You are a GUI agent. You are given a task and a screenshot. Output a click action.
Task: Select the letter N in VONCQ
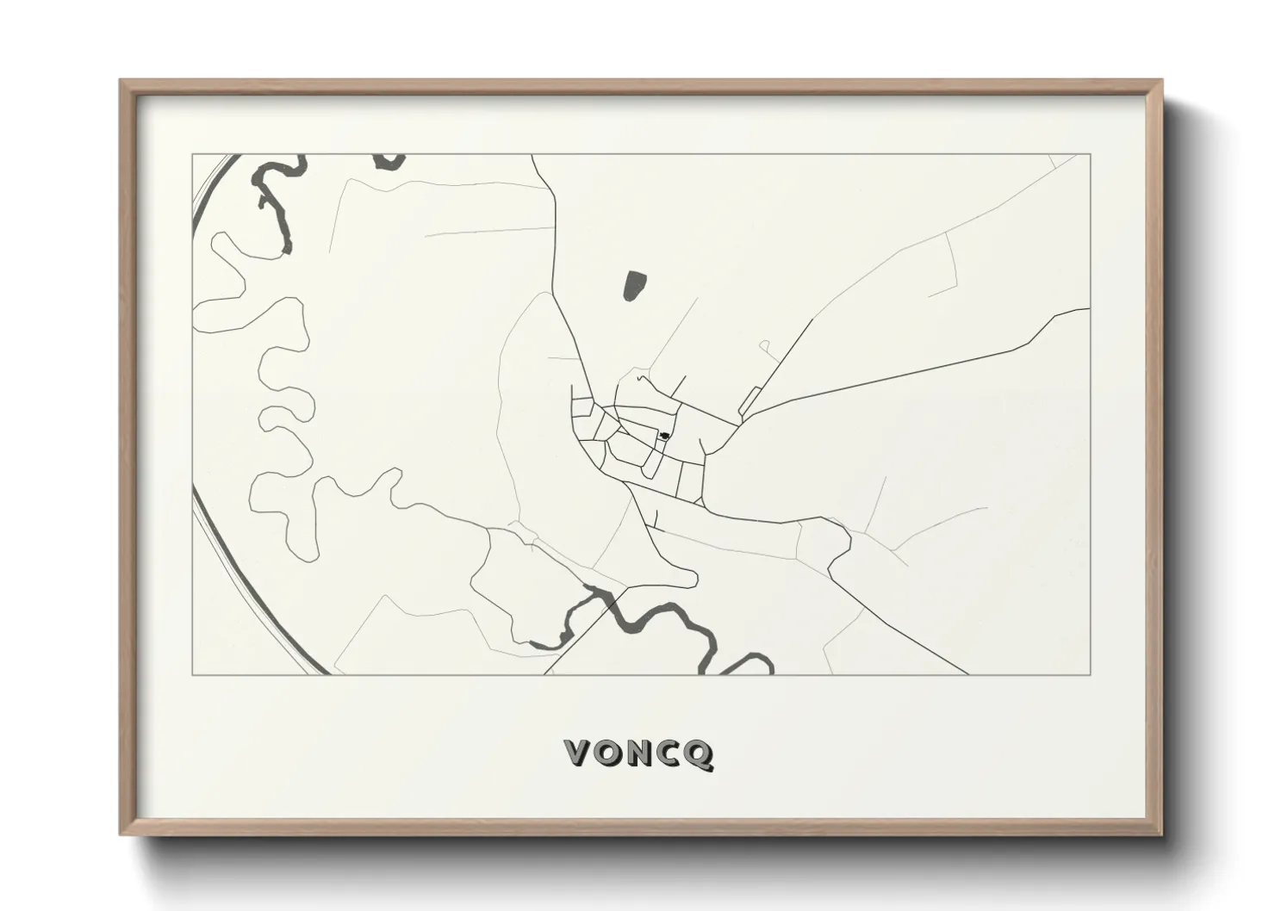click(639, 753)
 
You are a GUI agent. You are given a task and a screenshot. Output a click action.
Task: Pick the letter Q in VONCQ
click(699, 754)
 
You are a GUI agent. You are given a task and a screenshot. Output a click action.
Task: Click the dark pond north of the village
click(635, 286)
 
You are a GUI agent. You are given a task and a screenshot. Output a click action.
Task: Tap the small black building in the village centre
click(663, 436)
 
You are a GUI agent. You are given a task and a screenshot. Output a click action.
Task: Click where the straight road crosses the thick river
click(611, 603)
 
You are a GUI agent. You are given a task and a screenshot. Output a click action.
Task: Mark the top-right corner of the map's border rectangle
click(1090, 154)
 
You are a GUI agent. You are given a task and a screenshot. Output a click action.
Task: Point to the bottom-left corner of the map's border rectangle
click(192, 674)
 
